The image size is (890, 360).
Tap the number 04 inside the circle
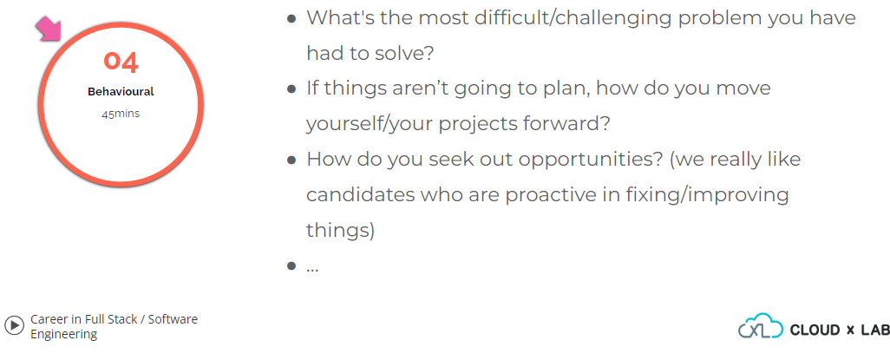point(121,62)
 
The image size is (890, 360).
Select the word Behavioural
point(121,91)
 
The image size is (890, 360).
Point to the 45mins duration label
point(121,114)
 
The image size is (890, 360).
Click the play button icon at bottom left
point(14,325)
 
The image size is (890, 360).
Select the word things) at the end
point(341,231)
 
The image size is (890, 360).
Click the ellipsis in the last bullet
point(312,270)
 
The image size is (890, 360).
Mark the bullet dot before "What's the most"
point(291,18)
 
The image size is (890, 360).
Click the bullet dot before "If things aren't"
point(291,89)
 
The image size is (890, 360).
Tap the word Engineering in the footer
point(63,335)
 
